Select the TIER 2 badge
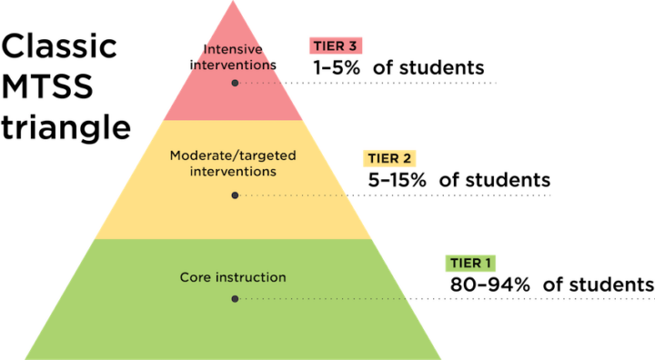tap(390, 158)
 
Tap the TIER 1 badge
tap(471, 264)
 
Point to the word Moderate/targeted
tap(233, 155)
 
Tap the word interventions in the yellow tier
tap(233, 171)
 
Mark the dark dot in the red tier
tap(235, 83)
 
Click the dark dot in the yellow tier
tap(235, 195)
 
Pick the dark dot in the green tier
tap(235, 298)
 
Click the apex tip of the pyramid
tap(234, 2)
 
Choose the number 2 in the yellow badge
tap(407, 158)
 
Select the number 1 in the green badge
tap(488, 264)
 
